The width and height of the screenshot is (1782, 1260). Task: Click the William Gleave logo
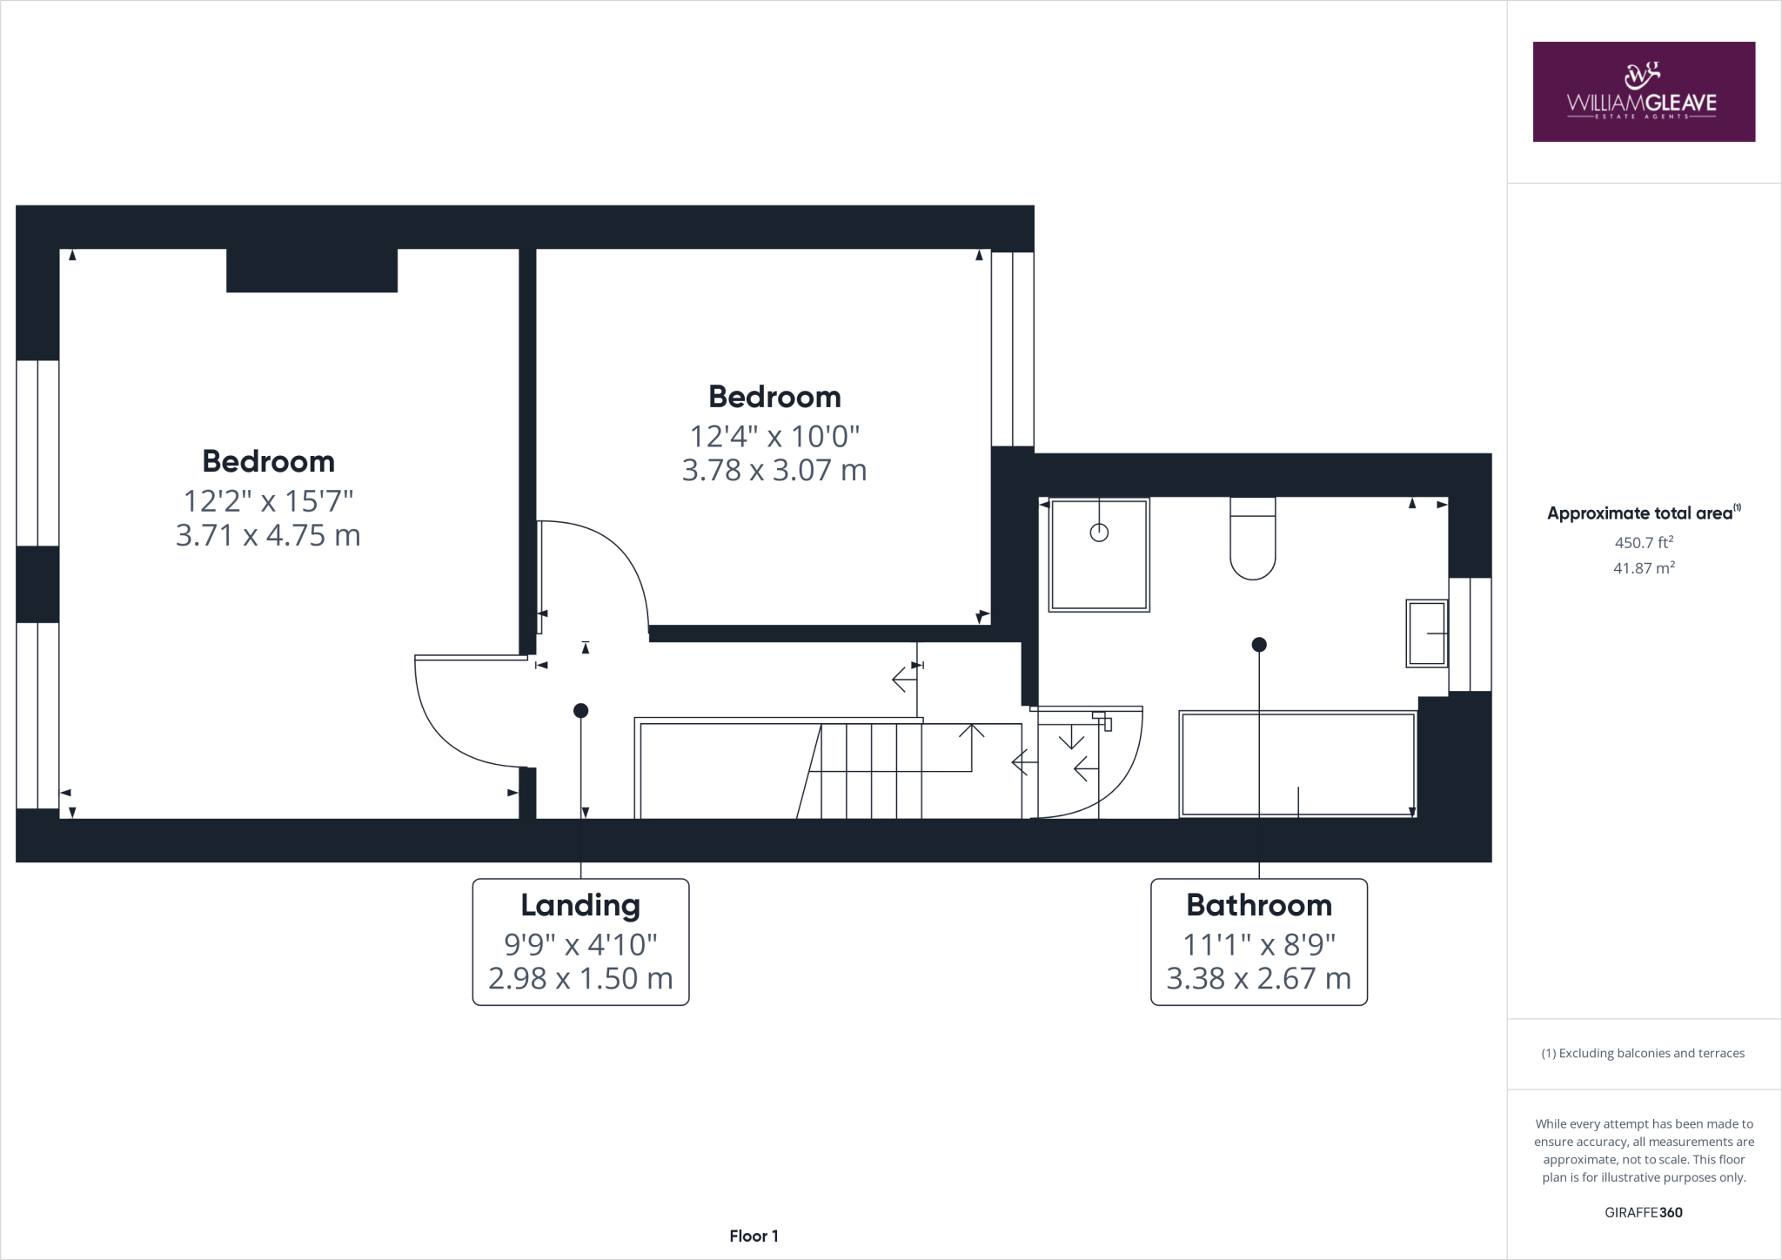[1643, 91]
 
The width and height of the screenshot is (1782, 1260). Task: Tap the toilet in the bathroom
[1253, 540]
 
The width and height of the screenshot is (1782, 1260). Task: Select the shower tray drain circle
[1099, 533]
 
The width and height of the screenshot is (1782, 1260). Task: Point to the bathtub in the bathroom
[1297, 764]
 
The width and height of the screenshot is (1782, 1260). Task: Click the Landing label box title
[580, 905]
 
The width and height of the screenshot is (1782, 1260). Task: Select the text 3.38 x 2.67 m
[1258, 978]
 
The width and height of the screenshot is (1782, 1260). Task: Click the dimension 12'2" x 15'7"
[268, 500]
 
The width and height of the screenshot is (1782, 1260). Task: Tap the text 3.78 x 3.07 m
[774, 470]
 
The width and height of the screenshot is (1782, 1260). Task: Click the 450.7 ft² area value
[1644, 542]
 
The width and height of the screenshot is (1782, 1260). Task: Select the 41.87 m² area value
[1644, 568]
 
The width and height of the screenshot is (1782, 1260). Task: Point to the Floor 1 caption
[754, 1236]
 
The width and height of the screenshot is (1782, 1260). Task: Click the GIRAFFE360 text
[1644, 1212]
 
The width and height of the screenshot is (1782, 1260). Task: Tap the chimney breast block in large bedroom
[312, 270]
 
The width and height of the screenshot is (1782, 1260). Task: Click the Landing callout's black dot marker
[581, 711]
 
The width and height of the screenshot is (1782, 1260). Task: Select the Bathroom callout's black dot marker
[1259, 645]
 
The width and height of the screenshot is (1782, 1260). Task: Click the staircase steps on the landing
[870, 770]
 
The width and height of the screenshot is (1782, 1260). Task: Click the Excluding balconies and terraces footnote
[1644, 1053]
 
